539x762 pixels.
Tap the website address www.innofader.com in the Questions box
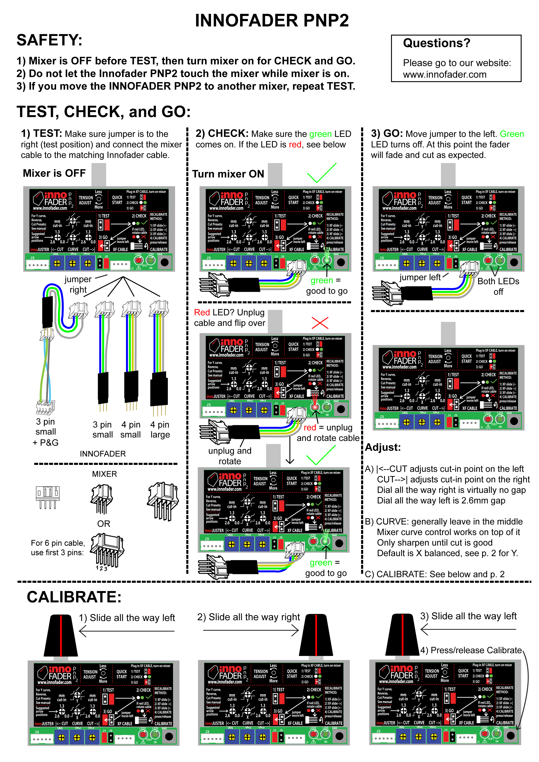click(x=444, y=75)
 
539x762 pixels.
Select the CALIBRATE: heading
click(x=74, y=597)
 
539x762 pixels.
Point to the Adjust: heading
click(x=383, y=447)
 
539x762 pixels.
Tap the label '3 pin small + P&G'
click(x=46, y=432)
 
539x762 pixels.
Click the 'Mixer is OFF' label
click(x=54, y=173)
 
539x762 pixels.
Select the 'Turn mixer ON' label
click(x=228, y=174)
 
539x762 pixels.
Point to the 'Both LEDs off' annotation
click(x=498, y=286)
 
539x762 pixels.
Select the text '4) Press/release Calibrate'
click(x=471, y=650)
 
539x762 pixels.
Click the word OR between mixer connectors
click(x=103, y=524)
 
